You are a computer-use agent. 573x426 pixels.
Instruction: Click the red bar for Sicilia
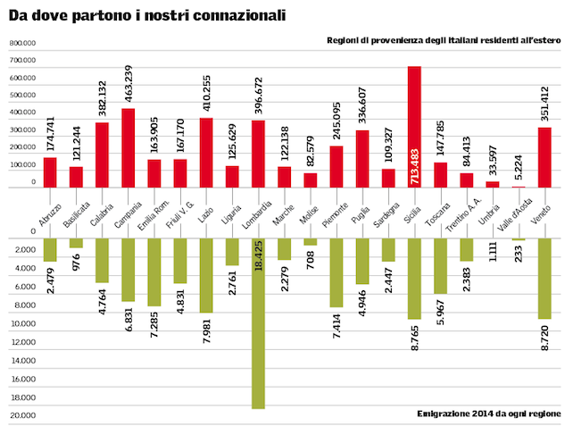(x=414, y=126)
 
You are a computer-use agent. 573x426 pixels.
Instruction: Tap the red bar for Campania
(x=128, y=147)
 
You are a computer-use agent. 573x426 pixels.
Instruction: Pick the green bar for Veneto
(x=544, y=279)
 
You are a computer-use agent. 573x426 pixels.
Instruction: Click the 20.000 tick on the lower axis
(x=22, y=414)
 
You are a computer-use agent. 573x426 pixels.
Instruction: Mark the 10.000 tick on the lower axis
(x=22, y=322)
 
